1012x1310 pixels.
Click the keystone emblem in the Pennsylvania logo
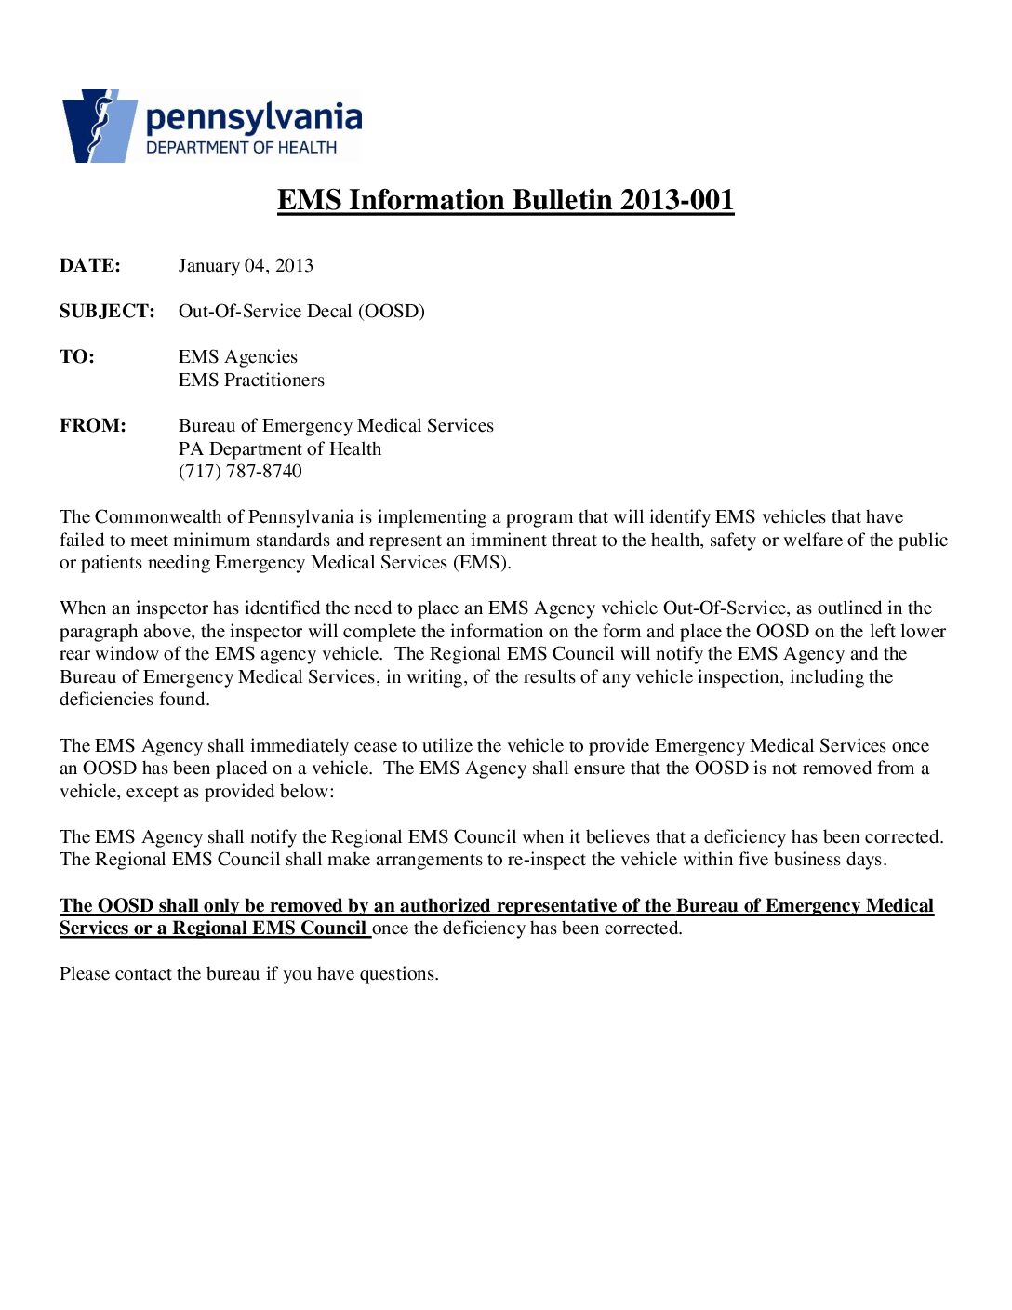click(x=99, y=127)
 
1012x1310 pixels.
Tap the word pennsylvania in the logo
click(x=253, y=118)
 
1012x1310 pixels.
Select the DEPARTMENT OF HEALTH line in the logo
click(x=241, y=148)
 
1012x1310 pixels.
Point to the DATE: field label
click(x=90, y=266)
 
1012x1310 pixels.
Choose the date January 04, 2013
click(x=246, y=266)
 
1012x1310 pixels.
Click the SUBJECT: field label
click(x=107, y=312)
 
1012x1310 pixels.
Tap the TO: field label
click(x=77, y=357)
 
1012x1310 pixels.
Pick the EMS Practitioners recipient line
click(x=251, y=381)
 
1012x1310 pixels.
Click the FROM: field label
click(x=93, y=426)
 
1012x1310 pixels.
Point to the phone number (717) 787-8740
click(x=240, y=472)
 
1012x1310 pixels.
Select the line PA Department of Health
click(x=280, y=449)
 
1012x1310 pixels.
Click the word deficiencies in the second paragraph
click(x=103, y=700)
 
